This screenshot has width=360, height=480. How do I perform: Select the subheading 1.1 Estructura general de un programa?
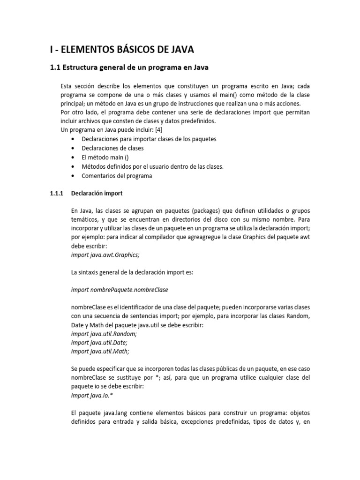point(129,67)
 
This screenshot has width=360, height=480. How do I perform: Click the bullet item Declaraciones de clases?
point(112,148)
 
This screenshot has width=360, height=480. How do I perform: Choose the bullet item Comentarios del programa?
point(117,176)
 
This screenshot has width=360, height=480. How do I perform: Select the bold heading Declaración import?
point(97,193)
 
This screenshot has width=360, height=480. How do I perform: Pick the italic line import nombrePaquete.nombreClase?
point(119,290)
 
